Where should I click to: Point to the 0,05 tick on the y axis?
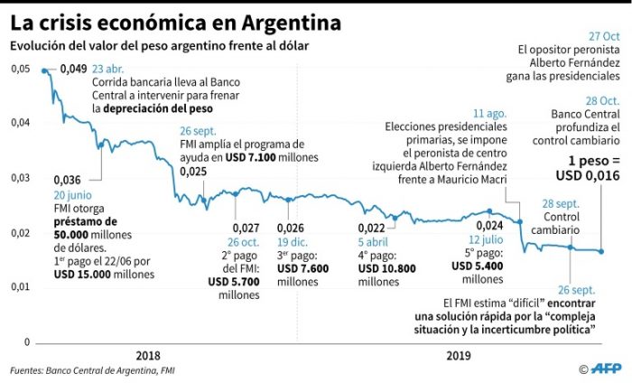coord(20,69)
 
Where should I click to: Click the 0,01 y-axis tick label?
coord(20,287)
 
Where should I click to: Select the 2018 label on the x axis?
coord(148,356)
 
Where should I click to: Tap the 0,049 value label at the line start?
coord(77,70)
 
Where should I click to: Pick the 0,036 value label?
coord(69,179)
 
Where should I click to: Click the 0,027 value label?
coord(246,227)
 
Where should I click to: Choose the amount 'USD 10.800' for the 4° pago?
coord(386,268)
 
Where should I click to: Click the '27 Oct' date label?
coord(600,36)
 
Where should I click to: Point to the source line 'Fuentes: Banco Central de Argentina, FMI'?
coord(93,369)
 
